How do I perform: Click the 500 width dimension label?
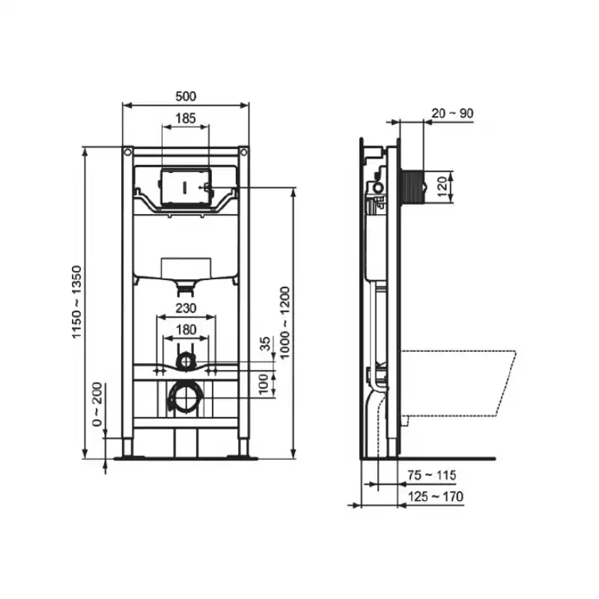(186, 97)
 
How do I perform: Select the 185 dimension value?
(186, 118)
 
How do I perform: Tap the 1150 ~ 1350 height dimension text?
(77, 302)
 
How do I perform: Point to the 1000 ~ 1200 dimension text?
(285, 323)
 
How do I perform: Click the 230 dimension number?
(186, 308)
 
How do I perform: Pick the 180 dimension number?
(186, 329)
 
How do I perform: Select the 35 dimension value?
(265, 344)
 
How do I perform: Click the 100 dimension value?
(264, 384)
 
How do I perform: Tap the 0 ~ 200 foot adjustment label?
(97, 404)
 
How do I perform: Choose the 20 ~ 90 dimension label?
(452, 113)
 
